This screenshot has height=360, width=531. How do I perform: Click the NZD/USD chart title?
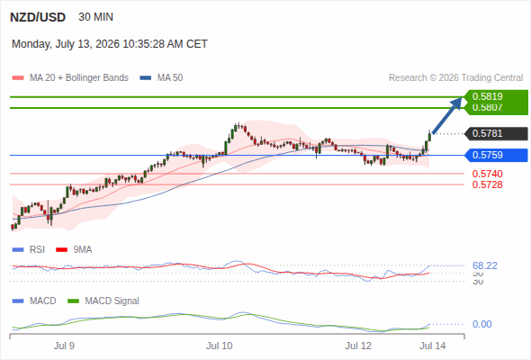coord(38,17)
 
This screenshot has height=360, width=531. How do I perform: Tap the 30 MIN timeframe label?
coord(95,17)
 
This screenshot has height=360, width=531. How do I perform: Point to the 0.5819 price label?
coord(487,96)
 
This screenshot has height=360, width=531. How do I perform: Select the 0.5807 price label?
coord(487,107)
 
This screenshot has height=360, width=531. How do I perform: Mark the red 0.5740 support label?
coord(487,174)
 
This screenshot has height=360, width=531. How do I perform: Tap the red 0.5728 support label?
coord(487,184)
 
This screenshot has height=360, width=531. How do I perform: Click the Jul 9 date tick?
coord(64,346)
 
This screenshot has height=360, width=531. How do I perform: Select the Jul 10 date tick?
coord(220,346)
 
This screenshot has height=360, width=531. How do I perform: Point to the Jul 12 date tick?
coord(358,346)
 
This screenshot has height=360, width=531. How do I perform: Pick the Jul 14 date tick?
coord(433,346)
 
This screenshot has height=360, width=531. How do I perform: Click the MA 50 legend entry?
coord(161,78)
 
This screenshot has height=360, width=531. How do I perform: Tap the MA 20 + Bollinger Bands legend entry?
coord(70,78)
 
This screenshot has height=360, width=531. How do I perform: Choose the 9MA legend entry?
coord(74,250)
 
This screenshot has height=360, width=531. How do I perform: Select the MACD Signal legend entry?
coord(103,301)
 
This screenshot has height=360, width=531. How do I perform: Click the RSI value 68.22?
coord(485,265)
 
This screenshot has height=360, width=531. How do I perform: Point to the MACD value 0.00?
coord(481,324)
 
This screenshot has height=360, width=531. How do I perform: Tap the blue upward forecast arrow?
coord(447,115)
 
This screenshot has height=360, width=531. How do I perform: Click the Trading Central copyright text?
coord(455,78)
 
